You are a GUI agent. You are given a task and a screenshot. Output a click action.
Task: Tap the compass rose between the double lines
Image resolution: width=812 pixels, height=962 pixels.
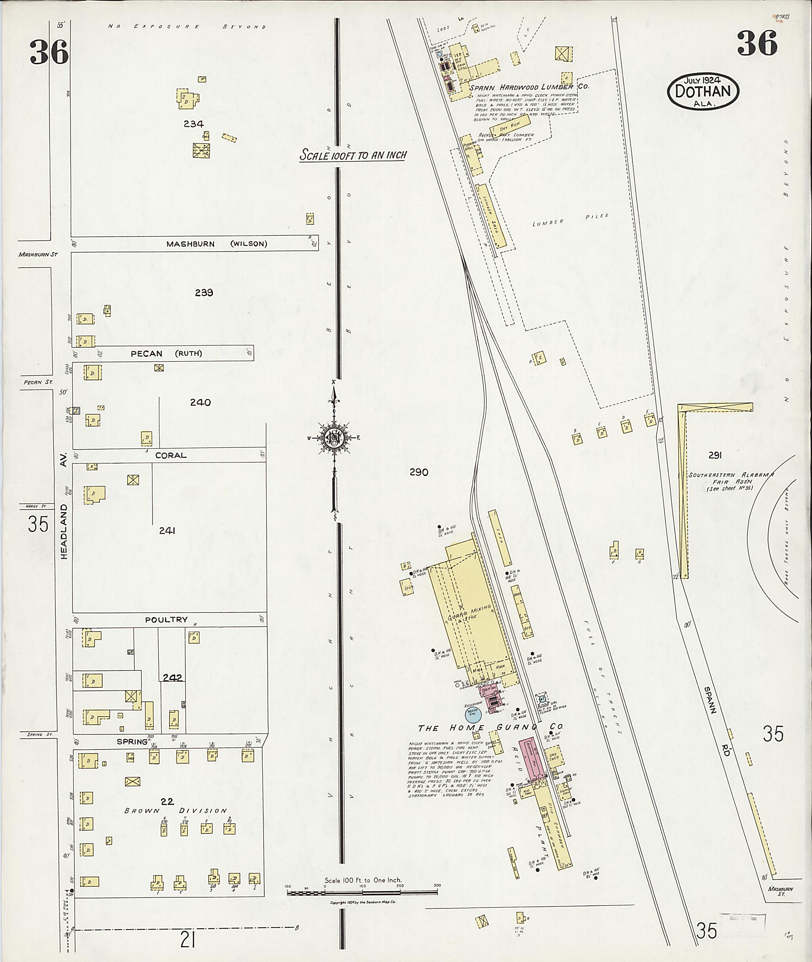334,437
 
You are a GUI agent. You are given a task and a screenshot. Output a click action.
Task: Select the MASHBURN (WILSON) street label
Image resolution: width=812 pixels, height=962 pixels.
216,244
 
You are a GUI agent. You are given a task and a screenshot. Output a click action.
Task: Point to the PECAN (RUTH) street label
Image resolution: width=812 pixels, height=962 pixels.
166,353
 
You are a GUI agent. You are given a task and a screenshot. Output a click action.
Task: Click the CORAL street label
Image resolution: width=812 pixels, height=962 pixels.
171,455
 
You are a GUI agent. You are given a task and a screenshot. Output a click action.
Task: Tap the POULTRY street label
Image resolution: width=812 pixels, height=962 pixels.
166,619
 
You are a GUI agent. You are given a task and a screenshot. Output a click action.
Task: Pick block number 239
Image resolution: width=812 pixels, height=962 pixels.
204,292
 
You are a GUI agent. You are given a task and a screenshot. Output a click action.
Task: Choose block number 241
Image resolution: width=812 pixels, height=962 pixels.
167,530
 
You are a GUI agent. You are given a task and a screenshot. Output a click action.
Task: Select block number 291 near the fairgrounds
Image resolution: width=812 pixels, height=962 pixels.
715,455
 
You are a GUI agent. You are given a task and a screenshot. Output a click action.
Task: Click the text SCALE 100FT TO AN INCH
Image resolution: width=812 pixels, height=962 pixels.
353,154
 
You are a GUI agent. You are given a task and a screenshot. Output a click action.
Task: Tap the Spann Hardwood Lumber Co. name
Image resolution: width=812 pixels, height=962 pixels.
529,86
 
